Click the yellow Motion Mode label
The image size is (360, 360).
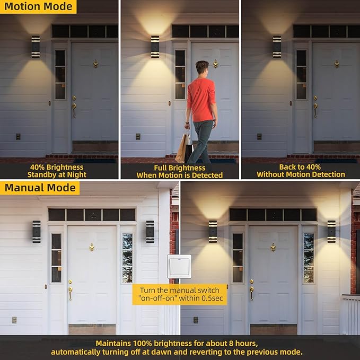click(x=38, y=7)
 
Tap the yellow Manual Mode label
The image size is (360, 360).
click(x=40, y=188)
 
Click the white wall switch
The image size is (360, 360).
click(x=179, y=266)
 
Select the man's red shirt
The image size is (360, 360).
click(x=201, y=100)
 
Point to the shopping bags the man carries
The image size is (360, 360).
click(x=185, y=147)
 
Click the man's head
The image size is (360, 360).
click(x=202, y=67)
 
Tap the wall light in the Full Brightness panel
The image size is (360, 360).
click(x=155, y=47)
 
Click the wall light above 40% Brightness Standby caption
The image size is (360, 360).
click(x=36, y=47)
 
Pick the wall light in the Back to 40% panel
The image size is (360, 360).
click(x=277, y=47)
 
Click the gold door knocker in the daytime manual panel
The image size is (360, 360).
click(x=92, y=247)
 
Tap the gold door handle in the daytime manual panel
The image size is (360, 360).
click(x=71, y=292)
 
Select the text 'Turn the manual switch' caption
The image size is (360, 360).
click(x=180, y=290)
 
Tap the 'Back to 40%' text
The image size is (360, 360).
click(x=300, y=167)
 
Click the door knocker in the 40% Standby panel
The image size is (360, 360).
click(x=95, y=64)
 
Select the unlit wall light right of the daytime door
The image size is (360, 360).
click(x=150, y=232)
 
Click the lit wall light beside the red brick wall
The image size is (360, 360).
click(x=331, y=232)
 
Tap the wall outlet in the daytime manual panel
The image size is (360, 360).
click(x=14, y=320)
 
